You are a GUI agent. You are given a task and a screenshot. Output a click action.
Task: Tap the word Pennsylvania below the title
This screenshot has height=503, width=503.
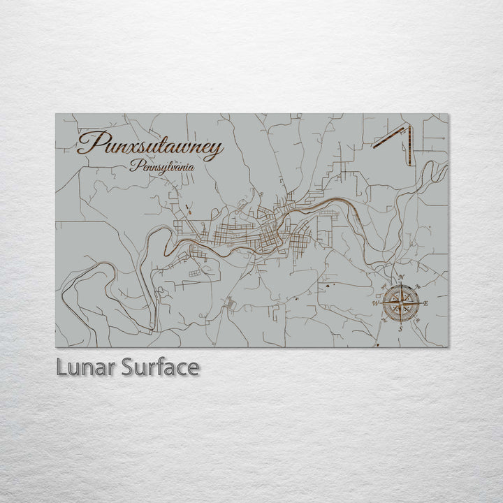click(162, 167)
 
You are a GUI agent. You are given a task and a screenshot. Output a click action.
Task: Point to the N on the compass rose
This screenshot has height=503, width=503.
click(401, 278)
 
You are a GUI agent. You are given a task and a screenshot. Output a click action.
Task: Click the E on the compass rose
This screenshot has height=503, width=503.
click(425, 303)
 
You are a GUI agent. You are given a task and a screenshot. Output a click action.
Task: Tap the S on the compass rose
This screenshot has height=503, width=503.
click(400, 328)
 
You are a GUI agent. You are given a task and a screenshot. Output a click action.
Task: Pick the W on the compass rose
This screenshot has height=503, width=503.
click(376, 303)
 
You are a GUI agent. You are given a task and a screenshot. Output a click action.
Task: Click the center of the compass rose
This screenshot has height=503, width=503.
click(401, 303)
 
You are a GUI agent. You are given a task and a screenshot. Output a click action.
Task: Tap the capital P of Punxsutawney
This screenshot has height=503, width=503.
click(89, 144)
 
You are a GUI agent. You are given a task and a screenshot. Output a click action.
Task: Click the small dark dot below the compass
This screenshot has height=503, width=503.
click(377, 345)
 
